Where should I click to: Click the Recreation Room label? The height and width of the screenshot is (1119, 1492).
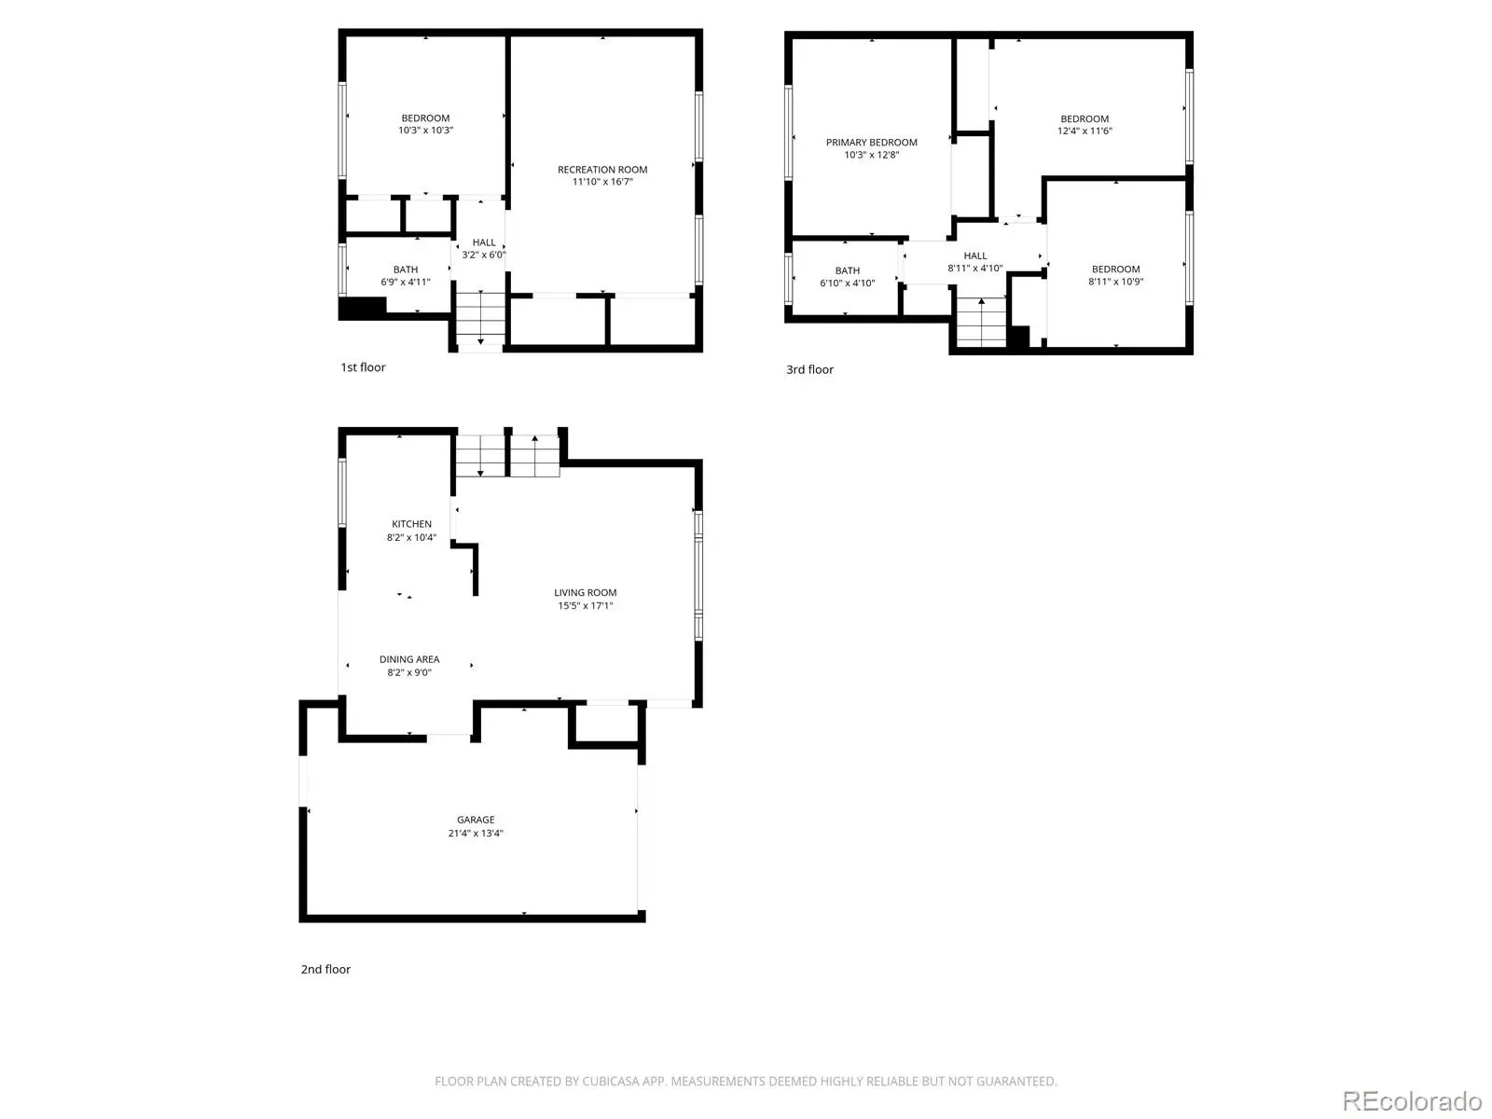pos(602,169)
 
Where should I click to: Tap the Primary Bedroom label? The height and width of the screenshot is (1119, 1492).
pos(871,142)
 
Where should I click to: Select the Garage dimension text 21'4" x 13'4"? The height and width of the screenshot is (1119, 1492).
pos(476,833)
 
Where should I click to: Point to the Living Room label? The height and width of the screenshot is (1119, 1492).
pos(585,592)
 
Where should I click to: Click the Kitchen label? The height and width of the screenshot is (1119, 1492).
pos(411,524)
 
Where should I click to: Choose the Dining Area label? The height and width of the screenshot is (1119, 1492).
pos(409,659)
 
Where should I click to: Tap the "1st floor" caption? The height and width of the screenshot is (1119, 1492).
pos(363,366)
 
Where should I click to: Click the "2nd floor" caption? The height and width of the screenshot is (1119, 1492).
pos(325,969)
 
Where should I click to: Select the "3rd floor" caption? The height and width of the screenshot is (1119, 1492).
pos(809,369)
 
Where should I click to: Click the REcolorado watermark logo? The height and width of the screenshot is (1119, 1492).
pos(1412,1100)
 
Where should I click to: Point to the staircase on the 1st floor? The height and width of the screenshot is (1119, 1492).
pos(480,318)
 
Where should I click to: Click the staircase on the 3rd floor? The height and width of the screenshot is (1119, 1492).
pos(981,322)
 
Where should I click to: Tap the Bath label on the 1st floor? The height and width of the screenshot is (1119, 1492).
pos(405,269)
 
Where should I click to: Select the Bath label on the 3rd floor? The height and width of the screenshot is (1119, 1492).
pos(847,270)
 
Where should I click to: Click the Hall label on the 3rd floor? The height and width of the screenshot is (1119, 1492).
pos(974,256)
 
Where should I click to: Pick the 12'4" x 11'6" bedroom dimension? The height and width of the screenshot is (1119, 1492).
pos(1084,131)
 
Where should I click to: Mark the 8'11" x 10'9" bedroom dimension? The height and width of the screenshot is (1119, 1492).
pos(1115,282)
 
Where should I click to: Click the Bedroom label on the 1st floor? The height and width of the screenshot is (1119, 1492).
pos(425,117)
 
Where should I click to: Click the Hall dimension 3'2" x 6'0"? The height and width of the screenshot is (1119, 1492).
pos(483,255)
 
